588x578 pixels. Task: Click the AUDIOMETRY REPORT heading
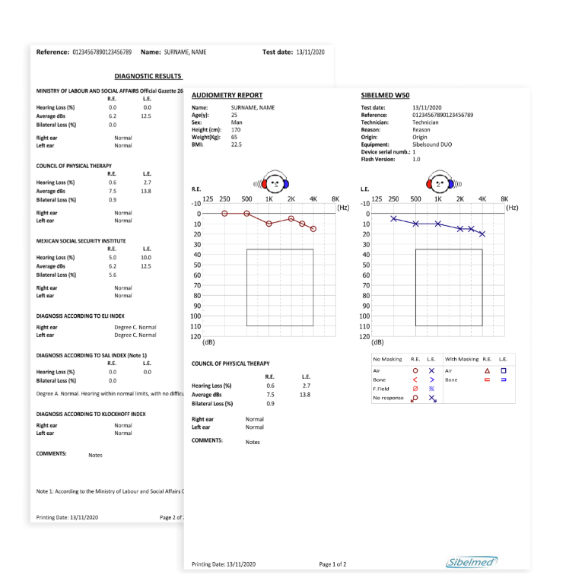pyautogui.click(x=227, y=95)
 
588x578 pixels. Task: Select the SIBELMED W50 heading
pyautogui.click(x=385, y=95)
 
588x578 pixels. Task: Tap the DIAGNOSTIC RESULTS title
pyautogui.click(x=148, y=76)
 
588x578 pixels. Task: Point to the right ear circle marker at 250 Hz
pyautogui.click(x=224, y=214)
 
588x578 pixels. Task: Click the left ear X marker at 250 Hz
pyautogui.click(x=393, y=218)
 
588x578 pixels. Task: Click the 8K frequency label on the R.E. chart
pyautogui.click(x=335, y=198)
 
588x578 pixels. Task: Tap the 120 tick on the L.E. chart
pyautogui.click(x=364, y=336)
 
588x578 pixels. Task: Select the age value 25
pyautogui.click(x=234, y=115)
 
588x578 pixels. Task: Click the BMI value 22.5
pyautogui.click(x=237, y=144)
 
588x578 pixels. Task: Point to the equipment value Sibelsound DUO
pyautogui.click(x=435, y=144)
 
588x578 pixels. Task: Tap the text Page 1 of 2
pyautogui.click(x=333, y=564)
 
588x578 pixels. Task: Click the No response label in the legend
pyautogui.click(x=389, y=397)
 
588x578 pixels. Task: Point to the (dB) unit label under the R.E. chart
pyautogui.click(x=208, y=342)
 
